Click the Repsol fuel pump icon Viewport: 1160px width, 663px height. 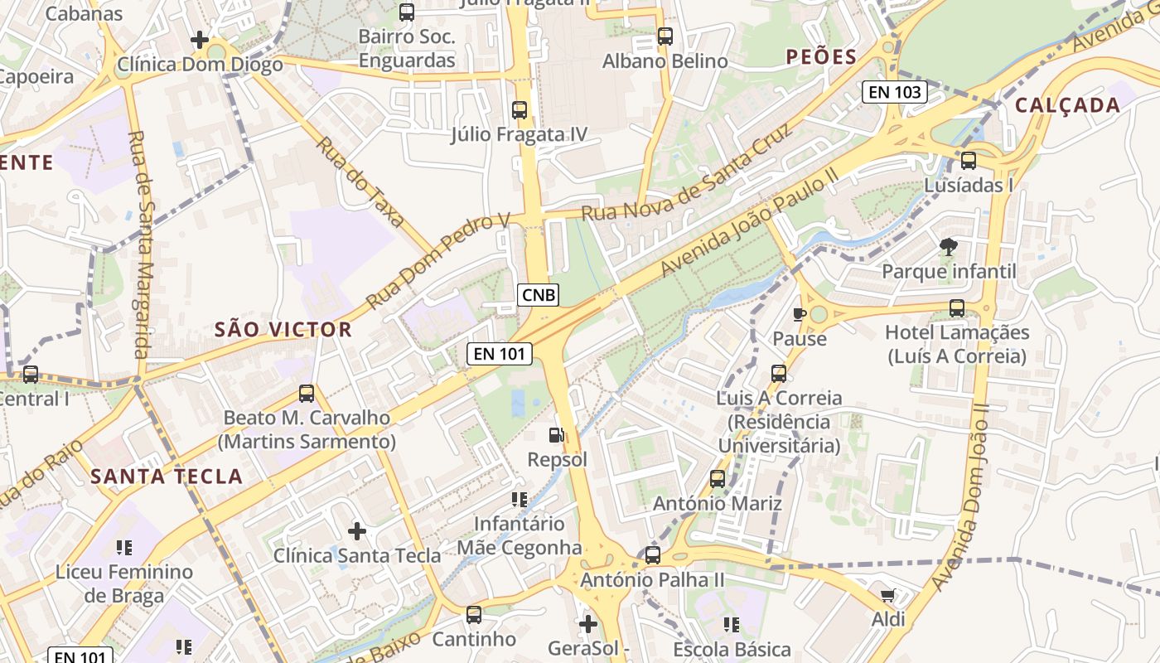pyautogui.click(x=556, y=434)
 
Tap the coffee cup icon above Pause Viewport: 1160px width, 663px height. pyautogui.click(x=799, y=314)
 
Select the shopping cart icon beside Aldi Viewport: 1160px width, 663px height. pyautogui.click(x=888, y=595)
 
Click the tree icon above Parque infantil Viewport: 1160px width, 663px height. pyautogui.click(x=948, y=246)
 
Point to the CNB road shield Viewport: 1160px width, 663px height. pyautogui.click(x=539, y=294)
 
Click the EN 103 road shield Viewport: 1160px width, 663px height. pyautogui.click(x=894, y=92)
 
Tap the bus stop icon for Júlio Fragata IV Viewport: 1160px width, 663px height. pyautogui.click(x=520, y=109)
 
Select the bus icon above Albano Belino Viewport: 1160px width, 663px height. pyautogui.click(x=665, y=36)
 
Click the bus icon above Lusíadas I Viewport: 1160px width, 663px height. pyautogui.click(x=968, y=161)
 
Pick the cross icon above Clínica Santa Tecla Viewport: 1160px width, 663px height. pyautogui.click(x=357, y=530)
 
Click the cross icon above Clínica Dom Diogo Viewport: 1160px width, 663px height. pyautogui.click(x=199, y=40)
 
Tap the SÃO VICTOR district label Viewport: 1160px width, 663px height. pyautogui.click(x=283, y=330)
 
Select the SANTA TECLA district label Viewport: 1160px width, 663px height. pyautogui.click(x=167, y=477)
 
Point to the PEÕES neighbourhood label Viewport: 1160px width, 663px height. pyautogui.click(x=821, y=57)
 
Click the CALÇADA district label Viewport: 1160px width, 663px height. pyautogui.click(x=1067, y=105)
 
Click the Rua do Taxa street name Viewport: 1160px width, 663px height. pyautogui.click(x=360, y=181)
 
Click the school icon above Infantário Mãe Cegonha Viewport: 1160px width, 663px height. pyautogui.click(x=520, y=499)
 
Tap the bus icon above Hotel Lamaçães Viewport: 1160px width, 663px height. pyautogui.click(x=957, y=308)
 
